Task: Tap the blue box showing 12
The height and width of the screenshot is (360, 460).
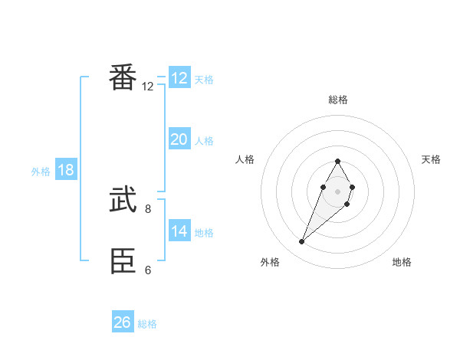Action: pyautogui.click(x=179, y=78)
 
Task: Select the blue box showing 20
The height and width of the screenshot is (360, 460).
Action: pyautogui.click(x=179, y=139)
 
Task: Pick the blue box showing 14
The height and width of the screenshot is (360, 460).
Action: pyautogui.click(x=179, y=231)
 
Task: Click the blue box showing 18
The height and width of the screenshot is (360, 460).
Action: pyautogui.click(x=66, y=170)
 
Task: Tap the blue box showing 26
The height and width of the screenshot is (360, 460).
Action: pyautogui.click(x=122, y=322)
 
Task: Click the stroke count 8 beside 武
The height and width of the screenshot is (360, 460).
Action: pyautogui.click(x=147, y=208)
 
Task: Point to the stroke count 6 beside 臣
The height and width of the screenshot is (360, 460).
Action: pyautogui.click(x=147, y=269)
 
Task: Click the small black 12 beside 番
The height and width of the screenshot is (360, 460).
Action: pyautogui.click(x=147, y=86)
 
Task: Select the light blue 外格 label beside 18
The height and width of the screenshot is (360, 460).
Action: pyautogui.click(x=41, y=172)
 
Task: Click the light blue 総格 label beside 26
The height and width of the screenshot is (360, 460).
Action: pyautogui.click(x=147, y=324)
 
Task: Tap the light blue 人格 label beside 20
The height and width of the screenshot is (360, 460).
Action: pyautogui.click(x=204, y=141)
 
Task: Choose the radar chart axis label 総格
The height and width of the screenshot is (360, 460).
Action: pyautogui.click(x=337, y=100)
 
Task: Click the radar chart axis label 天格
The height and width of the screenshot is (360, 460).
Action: pyautogui.click(x=431, y=159)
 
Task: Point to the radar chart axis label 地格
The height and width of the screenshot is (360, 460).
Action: pyautogui.click(x=402, y=262)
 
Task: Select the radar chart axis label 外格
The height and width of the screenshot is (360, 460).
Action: pyautogui.click(x=270, y=262)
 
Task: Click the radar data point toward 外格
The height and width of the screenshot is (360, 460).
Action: pyautogui.click(x=302, y=242)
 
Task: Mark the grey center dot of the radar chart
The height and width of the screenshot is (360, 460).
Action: pyautogui.click(x=337, y=191)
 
